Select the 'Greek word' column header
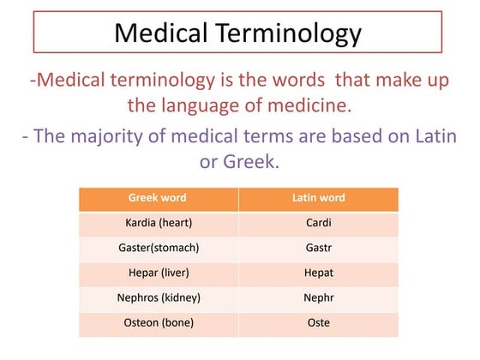pyautogui.click(x=157, y=198)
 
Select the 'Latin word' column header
pyautogui.click(x=318, y=198)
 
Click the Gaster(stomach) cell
pyautogui.click(x=157, y=248)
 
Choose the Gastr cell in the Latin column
pyautogui.click(x=318, y=248)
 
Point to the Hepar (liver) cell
pyautogui.click(x=157, y=273)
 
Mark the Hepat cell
pyautogui.click(x=318, y=273)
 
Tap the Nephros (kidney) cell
pyautogui.click(x=157, y=298)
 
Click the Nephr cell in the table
pyautogui.click(x=318, y=298)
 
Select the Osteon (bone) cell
pyautogui.click(x=157, y=323)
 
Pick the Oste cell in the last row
pyautogui.click(x=318, y=323)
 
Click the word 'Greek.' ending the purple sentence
pyautogui.click(x=251, y=160)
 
